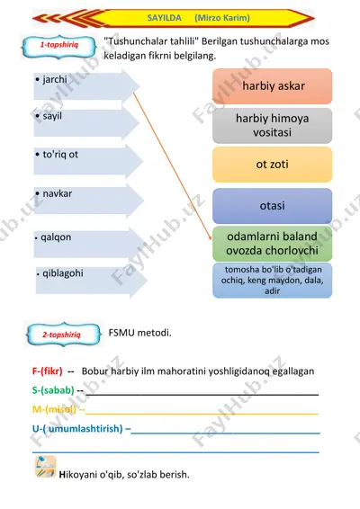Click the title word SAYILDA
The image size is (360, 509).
click(164, 17)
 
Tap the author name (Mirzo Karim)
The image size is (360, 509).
click(222, 17)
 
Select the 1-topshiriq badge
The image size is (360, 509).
click(59, 47)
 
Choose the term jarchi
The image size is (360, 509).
click(55, 79)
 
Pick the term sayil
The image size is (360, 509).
click(52, 116)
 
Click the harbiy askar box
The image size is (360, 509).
click(273, 86)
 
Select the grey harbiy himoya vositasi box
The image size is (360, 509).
click(273, 126)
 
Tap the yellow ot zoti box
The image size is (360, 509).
click(273, 165)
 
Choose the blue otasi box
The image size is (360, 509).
click(273, 206)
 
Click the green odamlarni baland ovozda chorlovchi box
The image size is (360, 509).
click(273, 244)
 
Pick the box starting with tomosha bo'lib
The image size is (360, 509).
click(273, 281)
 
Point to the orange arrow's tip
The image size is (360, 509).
click(211, 240)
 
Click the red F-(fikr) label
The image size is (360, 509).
click(47, 371)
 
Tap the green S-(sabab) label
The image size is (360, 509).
click(53, 390)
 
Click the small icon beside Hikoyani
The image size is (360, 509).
click(46, 467)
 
